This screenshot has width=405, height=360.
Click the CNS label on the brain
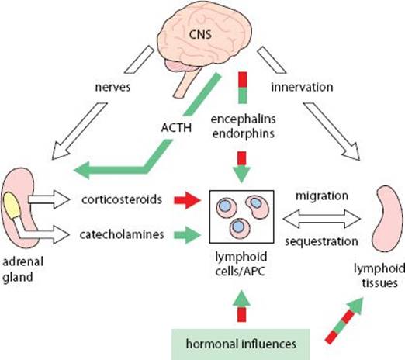pyautogui.click(x=200, y=34)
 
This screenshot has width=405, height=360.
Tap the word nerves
pyautogui.click(x=113, y=87)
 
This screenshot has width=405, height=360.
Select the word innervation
pyautogui.click(x=302, y=87)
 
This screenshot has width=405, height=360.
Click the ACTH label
pyautogui.click(x=176, y=128)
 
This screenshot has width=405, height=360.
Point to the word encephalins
pyautogui.click(x=244, y=119)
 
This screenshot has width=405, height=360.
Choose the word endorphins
pyautogui.click(x=244, y=133)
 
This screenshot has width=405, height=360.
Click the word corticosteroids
pyautogui.click(x=122, y=199)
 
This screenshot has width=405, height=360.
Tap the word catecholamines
pyautogui.click(x=122, y=234)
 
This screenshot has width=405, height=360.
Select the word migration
pyautogui.click(x=322, y=196)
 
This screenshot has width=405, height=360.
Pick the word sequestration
pyautogui.click(x=322, y=241)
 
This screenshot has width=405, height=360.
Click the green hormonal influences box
pyautogui.click(x=241, y=344)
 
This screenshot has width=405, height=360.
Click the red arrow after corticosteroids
pyautogui.click(x=188, y=200)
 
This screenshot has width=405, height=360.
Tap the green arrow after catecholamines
pyautogui.click(x=187, y=235)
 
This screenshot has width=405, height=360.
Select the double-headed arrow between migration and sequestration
pyautogui.click(x=322, y=219)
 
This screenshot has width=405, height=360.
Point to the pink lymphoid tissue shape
pyautogui.click(x=387, y=219)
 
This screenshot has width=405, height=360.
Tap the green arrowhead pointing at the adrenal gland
pyautogui.click(x=81, y=170)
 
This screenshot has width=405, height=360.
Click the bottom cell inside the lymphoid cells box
pyautogui.click(x=241, y=228)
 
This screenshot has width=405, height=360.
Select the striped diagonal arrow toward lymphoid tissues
pyautogui.click(x=344, y=320)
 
